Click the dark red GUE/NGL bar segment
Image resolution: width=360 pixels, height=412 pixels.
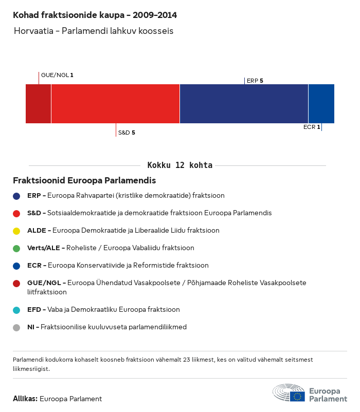click(x=39, y=104)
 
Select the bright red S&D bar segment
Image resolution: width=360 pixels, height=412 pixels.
click(x=115, y=104)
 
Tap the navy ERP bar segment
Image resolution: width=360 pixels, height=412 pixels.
click(x=244, y=104)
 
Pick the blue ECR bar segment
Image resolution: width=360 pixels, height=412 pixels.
click(x=321, y=104)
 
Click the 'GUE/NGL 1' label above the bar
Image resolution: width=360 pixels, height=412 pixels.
click(x=57, y=75)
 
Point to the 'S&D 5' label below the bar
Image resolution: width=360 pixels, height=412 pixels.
click(x=127, y=133)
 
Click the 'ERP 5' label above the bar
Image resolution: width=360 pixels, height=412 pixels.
click(x=255, y=81)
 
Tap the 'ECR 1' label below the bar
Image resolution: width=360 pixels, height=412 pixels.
click(x=312, y=127)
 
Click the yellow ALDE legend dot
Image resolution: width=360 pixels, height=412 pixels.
click(x=16, y=231)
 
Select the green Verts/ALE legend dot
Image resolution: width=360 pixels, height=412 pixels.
click(x=16, y=248)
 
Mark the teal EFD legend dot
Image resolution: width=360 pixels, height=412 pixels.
click(x=16, y=310)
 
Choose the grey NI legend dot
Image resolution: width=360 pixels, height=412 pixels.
click(x=16, y=327)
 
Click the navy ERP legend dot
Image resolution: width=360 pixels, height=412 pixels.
click(x=16, y=196)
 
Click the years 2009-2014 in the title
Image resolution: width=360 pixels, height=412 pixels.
click(x=155, y=15)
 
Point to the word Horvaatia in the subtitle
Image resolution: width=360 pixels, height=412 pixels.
click(x=33, y=31)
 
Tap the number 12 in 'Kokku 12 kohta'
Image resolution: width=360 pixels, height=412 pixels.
click(x=180, y=165)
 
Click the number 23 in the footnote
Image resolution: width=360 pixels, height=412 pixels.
click(x=187, y=360)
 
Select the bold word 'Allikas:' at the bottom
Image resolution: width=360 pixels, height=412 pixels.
click(x=25, y=399)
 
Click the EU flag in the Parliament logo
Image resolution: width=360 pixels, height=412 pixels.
click(x=297, y=397)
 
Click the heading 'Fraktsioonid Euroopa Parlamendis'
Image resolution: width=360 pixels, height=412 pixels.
click(x=84, y=180)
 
